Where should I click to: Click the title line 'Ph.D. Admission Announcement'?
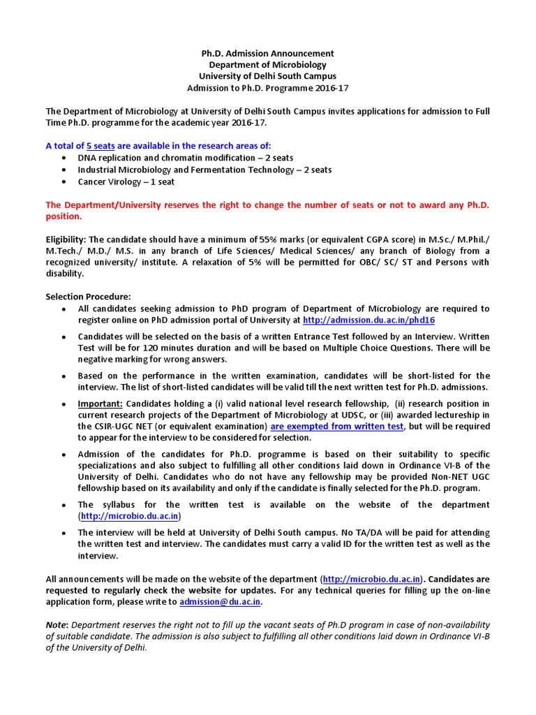(x=267, y=53)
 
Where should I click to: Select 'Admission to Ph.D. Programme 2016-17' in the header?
(x=267, y=88)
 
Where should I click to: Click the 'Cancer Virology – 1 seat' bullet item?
(x=126, y=182)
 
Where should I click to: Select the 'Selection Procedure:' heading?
(x=88, y=296)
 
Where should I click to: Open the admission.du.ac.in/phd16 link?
(x=368, y=320)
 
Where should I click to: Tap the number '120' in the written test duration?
(x=145, y=348)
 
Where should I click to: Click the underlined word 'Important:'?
(x=100, y=404)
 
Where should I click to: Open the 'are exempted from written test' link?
(x=336, y=426)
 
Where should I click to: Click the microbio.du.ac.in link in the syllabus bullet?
(x=131, y=516)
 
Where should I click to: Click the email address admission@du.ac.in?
(x=220, y=601)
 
